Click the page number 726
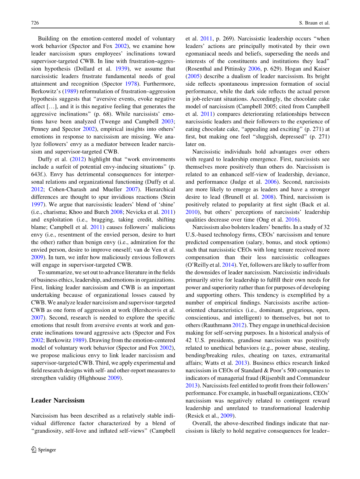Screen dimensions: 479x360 pyautogui.click(x=35, y=23)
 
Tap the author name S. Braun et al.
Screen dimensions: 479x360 pyautogui.click(x=311, y=23)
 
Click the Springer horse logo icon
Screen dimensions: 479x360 pyautogui.click(x=34, y=449)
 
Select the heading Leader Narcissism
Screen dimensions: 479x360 pyautogui.click(x=58, y=400)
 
